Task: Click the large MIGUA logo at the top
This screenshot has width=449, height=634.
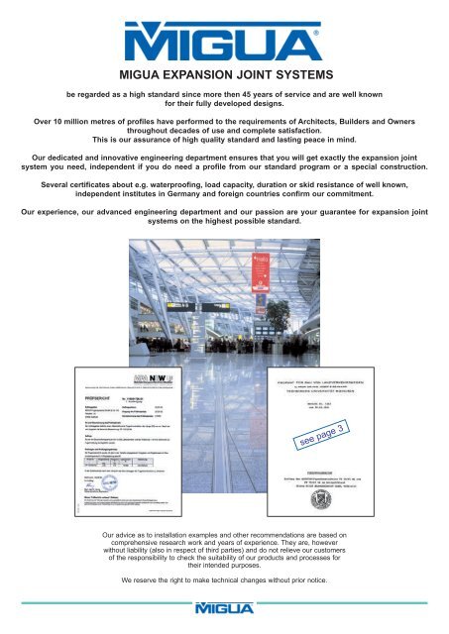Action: pos(223,44)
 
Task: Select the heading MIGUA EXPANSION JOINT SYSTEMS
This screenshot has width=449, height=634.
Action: pos(224,74)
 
